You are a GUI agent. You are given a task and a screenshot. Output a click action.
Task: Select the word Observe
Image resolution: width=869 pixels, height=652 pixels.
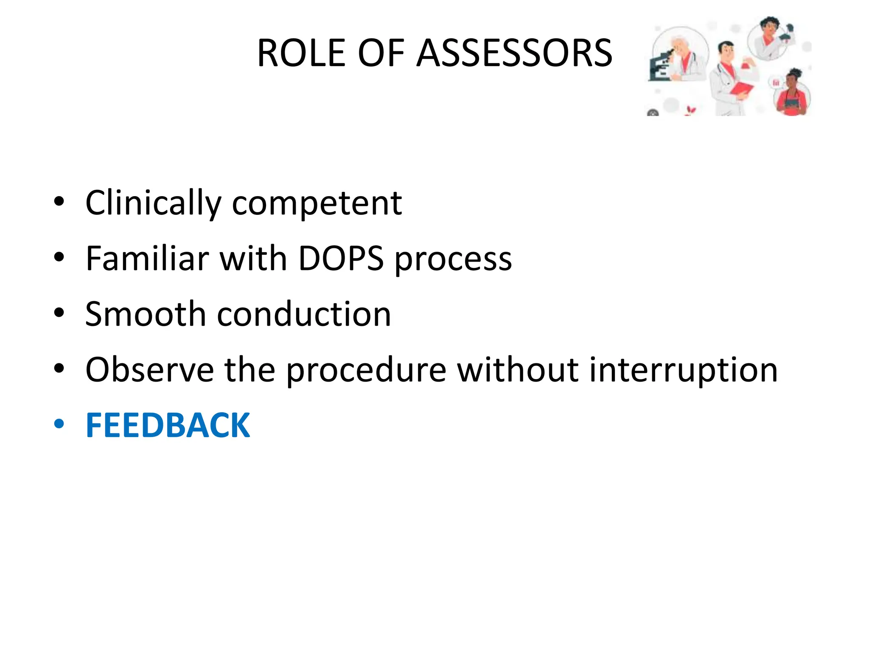click(149, 369)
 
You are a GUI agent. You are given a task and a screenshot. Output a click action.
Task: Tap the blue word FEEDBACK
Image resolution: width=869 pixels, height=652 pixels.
click(168, 425)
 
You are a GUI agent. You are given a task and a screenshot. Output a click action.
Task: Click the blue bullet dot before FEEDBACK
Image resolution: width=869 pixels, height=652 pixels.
click(59, 424)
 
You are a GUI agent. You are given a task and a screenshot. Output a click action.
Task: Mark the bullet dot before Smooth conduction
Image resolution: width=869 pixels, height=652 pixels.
click(59, 313)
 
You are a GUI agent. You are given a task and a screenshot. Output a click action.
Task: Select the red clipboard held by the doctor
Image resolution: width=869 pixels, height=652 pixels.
click(741, 90)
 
